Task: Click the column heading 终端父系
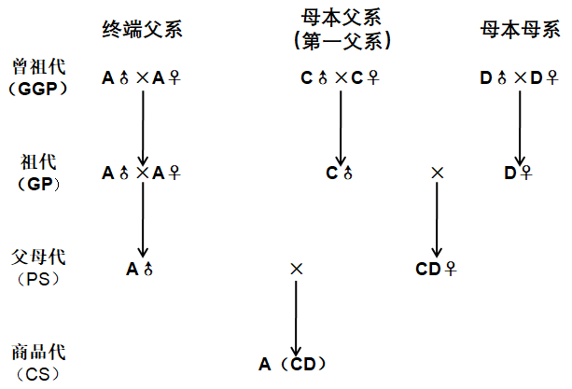click(x=141, y=29)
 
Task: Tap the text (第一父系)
click(x=341, y=41)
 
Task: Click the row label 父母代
click(x=34, y=256)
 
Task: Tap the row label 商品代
click(x=34, y=353)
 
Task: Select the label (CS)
click(x=34, y=372)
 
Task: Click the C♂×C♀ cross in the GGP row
click(x=340, y=78)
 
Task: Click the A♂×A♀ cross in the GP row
click(x=141, y=172)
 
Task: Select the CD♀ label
click(x=436, y=269)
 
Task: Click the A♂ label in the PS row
click(x=139, y=269)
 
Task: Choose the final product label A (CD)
click(x=294, y=363)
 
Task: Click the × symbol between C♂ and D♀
click(x=437, y=173)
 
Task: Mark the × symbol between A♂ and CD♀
click(x=296, y=269)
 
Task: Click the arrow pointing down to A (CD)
click(x=296, y=317)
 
